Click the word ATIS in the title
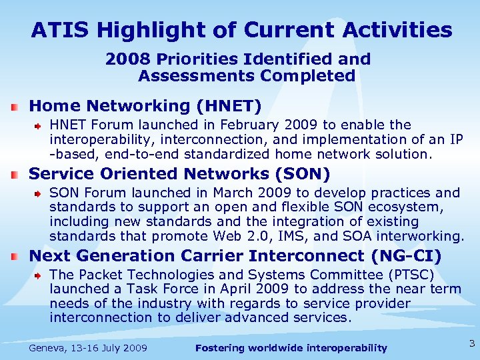click(x=57, y=30)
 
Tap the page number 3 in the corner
click(x=471, y=344)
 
